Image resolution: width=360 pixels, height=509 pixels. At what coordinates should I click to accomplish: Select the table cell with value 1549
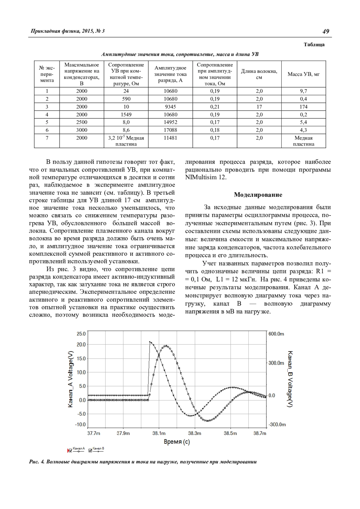126,115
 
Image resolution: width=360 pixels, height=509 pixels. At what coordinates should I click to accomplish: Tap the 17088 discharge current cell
170,130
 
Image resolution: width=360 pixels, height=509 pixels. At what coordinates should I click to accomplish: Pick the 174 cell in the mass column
303,107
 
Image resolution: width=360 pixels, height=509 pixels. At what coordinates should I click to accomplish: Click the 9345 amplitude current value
170,107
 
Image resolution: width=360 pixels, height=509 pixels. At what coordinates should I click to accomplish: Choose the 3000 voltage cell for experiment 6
82,130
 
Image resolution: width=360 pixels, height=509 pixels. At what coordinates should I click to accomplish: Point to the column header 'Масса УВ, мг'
303,74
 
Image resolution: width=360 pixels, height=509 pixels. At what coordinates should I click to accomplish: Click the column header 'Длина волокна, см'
259,74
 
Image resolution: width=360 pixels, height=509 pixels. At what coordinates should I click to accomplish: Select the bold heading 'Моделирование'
258,195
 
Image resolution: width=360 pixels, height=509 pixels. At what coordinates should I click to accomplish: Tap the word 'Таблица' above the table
314,45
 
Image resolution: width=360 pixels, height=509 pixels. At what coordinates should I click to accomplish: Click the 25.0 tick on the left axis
81,334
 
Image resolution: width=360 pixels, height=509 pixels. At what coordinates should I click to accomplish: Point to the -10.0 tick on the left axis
81,424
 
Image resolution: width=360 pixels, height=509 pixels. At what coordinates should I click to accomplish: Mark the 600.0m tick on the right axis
276,334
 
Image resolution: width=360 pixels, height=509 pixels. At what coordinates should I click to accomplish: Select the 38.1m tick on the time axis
159,433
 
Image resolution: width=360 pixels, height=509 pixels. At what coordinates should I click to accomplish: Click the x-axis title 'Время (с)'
177,442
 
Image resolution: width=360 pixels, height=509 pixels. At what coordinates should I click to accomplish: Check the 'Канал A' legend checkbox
70,450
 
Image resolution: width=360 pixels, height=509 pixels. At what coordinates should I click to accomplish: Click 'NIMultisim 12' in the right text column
205,177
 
